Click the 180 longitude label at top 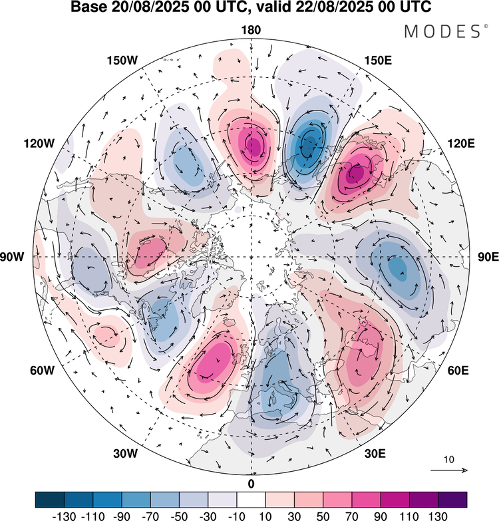[251, 31]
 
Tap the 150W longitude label [122, 61]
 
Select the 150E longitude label [378, 61]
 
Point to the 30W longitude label [124, 454]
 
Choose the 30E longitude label [376, 454]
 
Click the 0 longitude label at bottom [251, 483]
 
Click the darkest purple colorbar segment [452, 499]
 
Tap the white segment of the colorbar [251, 499]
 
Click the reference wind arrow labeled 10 [450, 470]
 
